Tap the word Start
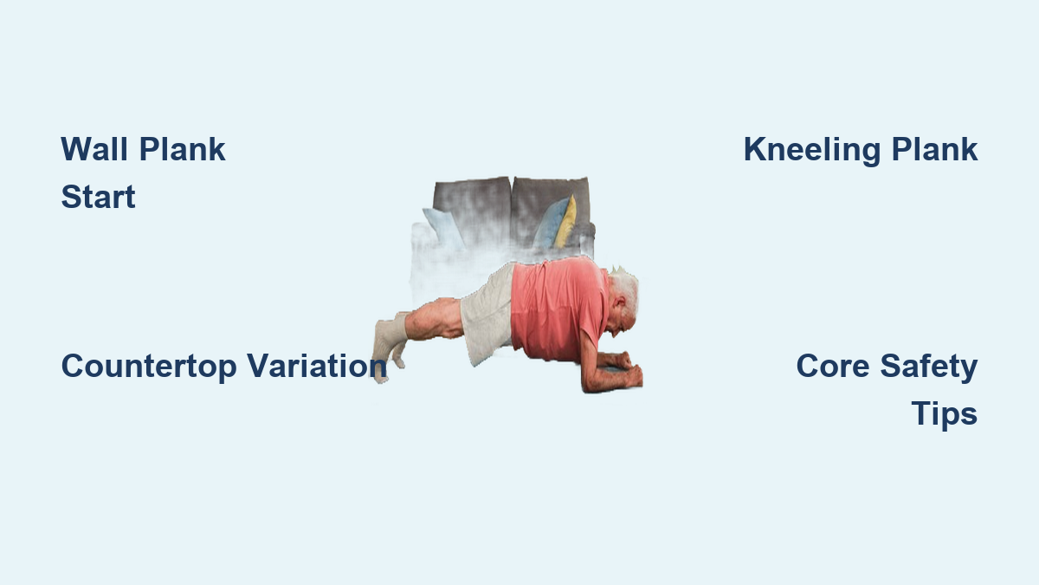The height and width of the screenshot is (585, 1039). pyautogui.click(x=99, y=197)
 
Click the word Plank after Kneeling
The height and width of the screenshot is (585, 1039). pyautogui.click(x=934, y=149)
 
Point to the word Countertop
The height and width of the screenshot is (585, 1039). pyautogui.click(x=149, y=367)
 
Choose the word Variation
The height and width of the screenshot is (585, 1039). pyautogui.click(x=317, y=366)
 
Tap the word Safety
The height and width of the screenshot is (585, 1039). pyautogui.click(x=928, y=367)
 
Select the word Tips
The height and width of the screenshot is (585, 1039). pyautogui.click(x=945, y=414)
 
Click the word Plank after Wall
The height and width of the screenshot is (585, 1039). pyautogui.click(x=183, y=149)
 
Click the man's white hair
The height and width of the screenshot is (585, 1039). pyautogui.click(x=624, y=288)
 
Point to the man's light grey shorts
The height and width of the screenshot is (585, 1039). pyautogui.click(x=487, y=315)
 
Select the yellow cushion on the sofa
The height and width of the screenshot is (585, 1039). pyautogui.click(x=566, y=222)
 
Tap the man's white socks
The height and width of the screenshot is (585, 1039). pyautogui.click(x=388, y=343)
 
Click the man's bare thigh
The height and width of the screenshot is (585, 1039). pyautogui.click(x=434, y=320)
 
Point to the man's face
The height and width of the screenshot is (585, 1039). pyautogui.click(x=622, y=321)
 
